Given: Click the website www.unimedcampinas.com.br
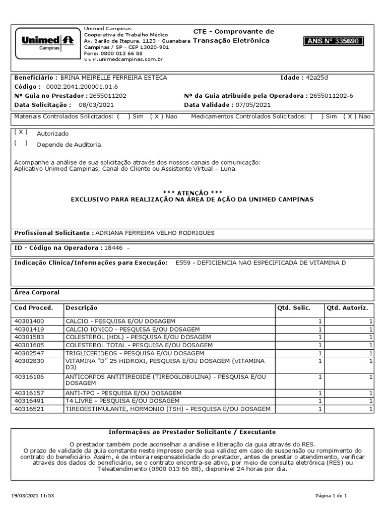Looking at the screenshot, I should pos(123,59).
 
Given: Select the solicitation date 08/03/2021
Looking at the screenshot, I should pos(96,105).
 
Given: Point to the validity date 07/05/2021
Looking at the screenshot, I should pos(252,105).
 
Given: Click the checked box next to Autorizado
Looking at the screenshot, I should pos(21,132).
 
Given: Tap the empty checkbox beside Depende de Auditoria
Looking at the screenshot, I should pos(21,144).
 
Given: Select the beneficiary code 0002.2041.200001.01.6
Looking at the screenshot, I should pos(75,87).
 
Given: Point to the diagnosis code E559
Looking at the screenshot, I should pos(183,263).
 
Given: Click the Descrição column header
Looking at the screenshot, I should pos(81,307).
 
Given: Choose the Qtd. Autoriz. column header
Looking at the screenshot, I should pos(347,307).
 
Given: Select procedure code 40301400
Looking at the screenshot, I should pos(29,321).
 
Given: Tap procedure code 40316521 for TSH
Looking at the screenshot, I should pos(29,409).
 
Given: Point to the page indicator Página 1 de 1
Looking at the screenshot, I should pos(332,496).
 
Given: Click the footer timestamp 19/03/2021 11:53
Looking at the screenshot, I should pos(32,496).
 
